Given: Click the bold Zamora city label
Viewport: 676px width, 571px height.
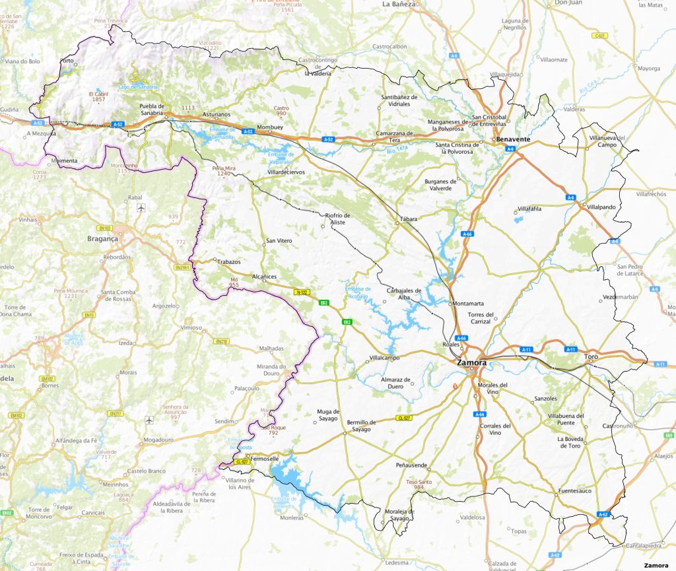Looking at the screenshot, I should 471,363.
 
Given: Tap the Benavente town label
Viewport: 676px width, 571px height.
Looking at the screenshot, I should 514,140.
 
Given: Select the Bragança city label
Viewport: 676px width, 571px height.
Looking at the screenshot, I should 102,239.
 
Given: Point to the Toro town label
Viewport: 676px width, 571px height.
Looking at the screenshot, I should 591,357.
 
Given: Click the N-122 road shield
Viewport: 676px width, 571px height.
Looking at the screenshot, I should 302,291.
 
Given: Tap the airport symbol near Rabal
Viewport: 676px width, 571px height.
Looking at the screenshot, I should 141,208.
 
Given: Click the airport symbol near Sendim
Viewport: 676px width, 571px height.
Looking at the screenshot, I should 150,420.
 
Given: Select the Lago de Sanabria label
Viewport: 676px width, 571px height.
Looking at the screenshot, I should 139,87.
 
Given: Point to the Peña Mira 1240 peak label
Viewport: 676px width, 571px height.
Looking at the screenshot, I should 224,171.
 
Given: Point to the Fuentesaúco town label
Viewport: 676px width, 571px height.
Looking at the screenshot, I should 574,491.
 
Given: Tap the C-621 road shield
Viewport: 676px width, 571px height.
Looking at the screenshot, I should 599,35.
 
